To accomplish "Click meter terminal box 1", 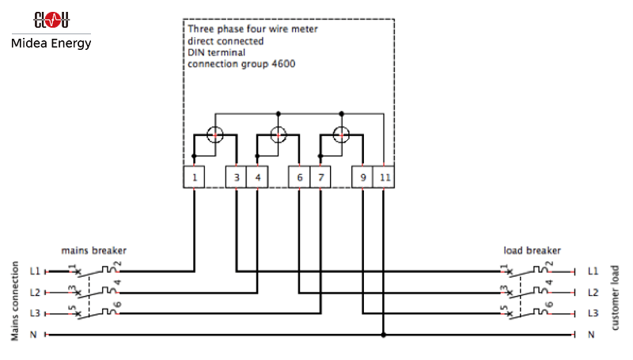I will pos(195,178).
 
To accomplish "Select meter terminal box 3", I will pos(236,178).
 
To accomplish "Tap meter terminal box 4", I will pos(257,178).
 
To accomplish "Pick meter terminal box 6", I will pos(299,178).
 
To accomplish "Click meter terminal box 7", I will pos(320,178).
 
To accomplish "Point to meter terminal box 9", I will pos(362,178).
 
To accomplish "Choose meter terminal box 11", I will pos(384,178).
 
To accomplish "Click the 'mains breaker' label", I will pos(93,251).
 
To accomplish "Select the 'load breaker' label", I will pos(532,251).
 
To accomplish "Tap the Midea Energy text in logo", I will pos(51,43).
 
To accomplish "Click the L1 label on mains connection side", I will pos(35,271).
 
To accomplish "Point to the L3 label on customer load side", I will pos(593,313).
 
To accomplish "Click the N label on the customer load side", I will pos(591,335).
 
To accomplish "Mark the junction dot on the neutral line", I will pos(384,335).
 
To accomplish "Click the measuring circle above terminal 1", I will pos(215,135).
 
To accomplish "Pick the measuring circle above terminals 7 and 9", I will pos(342,135).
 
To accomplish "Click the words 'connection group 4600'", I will pos(241,64).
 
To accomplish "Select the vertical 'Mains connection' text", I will pos(15,301).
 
